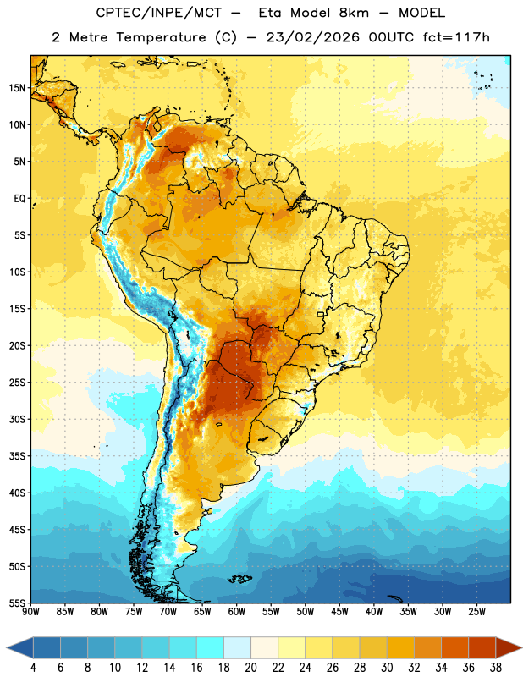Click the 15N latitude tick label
[x=17, y=88]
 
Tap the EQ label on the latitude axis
[x=19, y=199]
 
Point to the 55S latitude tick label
[x=17, y=603]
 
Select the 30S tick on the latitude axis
[x=17, y=419]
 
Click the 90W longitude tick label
[x=30, y=612]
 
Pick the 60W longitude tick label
[x=237, y=612]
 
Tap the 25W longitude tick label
[x=476, y=612]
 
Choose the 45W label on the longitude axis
[x=339, y=612]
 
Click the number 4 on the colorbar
[x=33, y=668]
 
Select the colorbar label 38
[x=495, y=668]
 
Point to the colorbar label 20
[x=250, y=668]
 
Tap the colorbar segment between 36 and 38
[x=482, y=648]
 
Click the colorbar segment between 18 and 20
[x=237, y=648]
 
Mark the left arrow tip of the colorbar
[x=7, y=648]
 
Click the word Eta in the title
[x=269, y=13]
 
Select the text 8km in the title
[x=354, y=13]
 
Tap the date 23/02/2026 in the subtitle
[x=312, y=37]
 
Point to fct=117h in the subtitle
[x=456, y=37]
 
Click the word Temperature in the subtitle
[x=161, y=37]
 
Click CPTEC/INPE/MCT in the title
[x=159, y=13]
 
